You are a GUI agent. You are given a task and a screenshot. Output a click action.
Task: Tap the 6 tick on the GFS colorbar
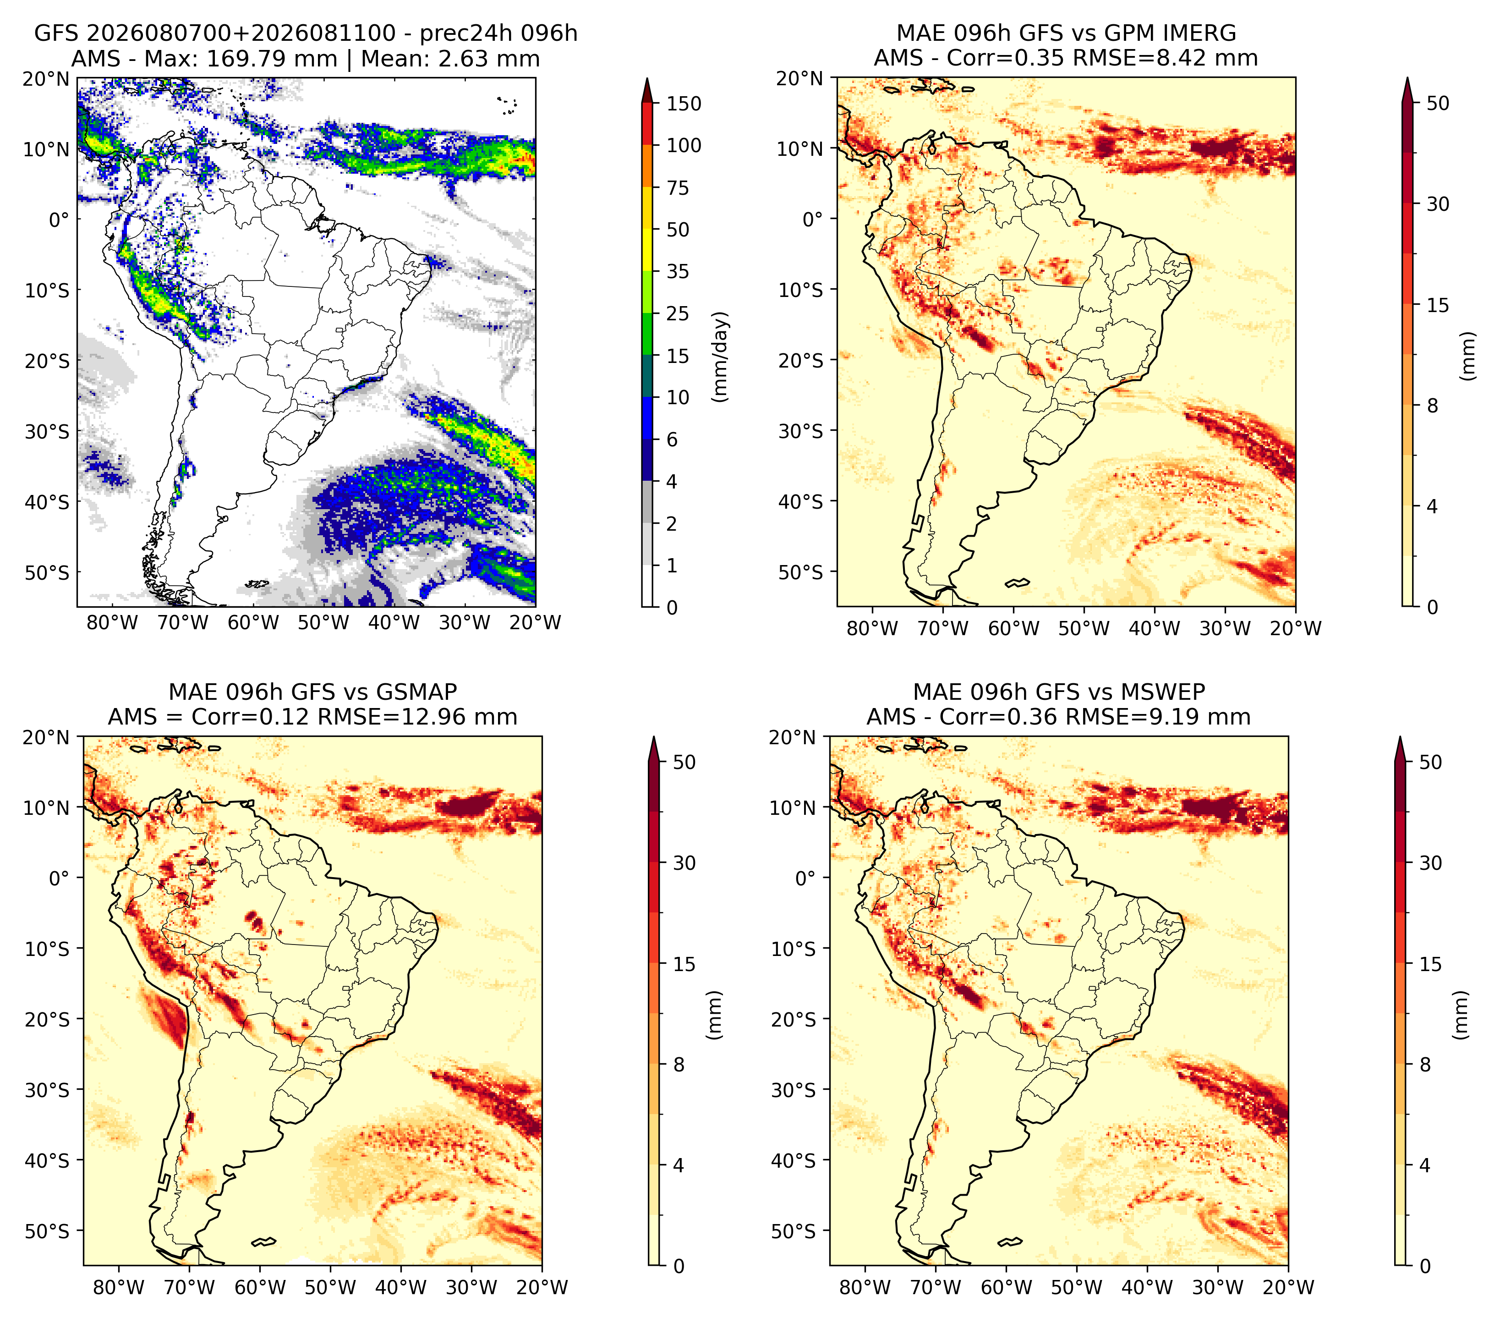(672, 439)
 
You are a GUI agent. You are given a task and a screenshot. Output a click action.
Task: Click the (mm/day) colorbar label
(721, 357)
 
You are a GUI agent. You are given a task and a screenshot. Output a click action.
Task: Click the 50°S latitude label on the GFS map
(46, 572)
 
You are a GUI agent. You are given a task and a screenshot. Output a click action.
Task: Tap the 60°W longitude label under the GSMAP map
(260, 1288)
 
